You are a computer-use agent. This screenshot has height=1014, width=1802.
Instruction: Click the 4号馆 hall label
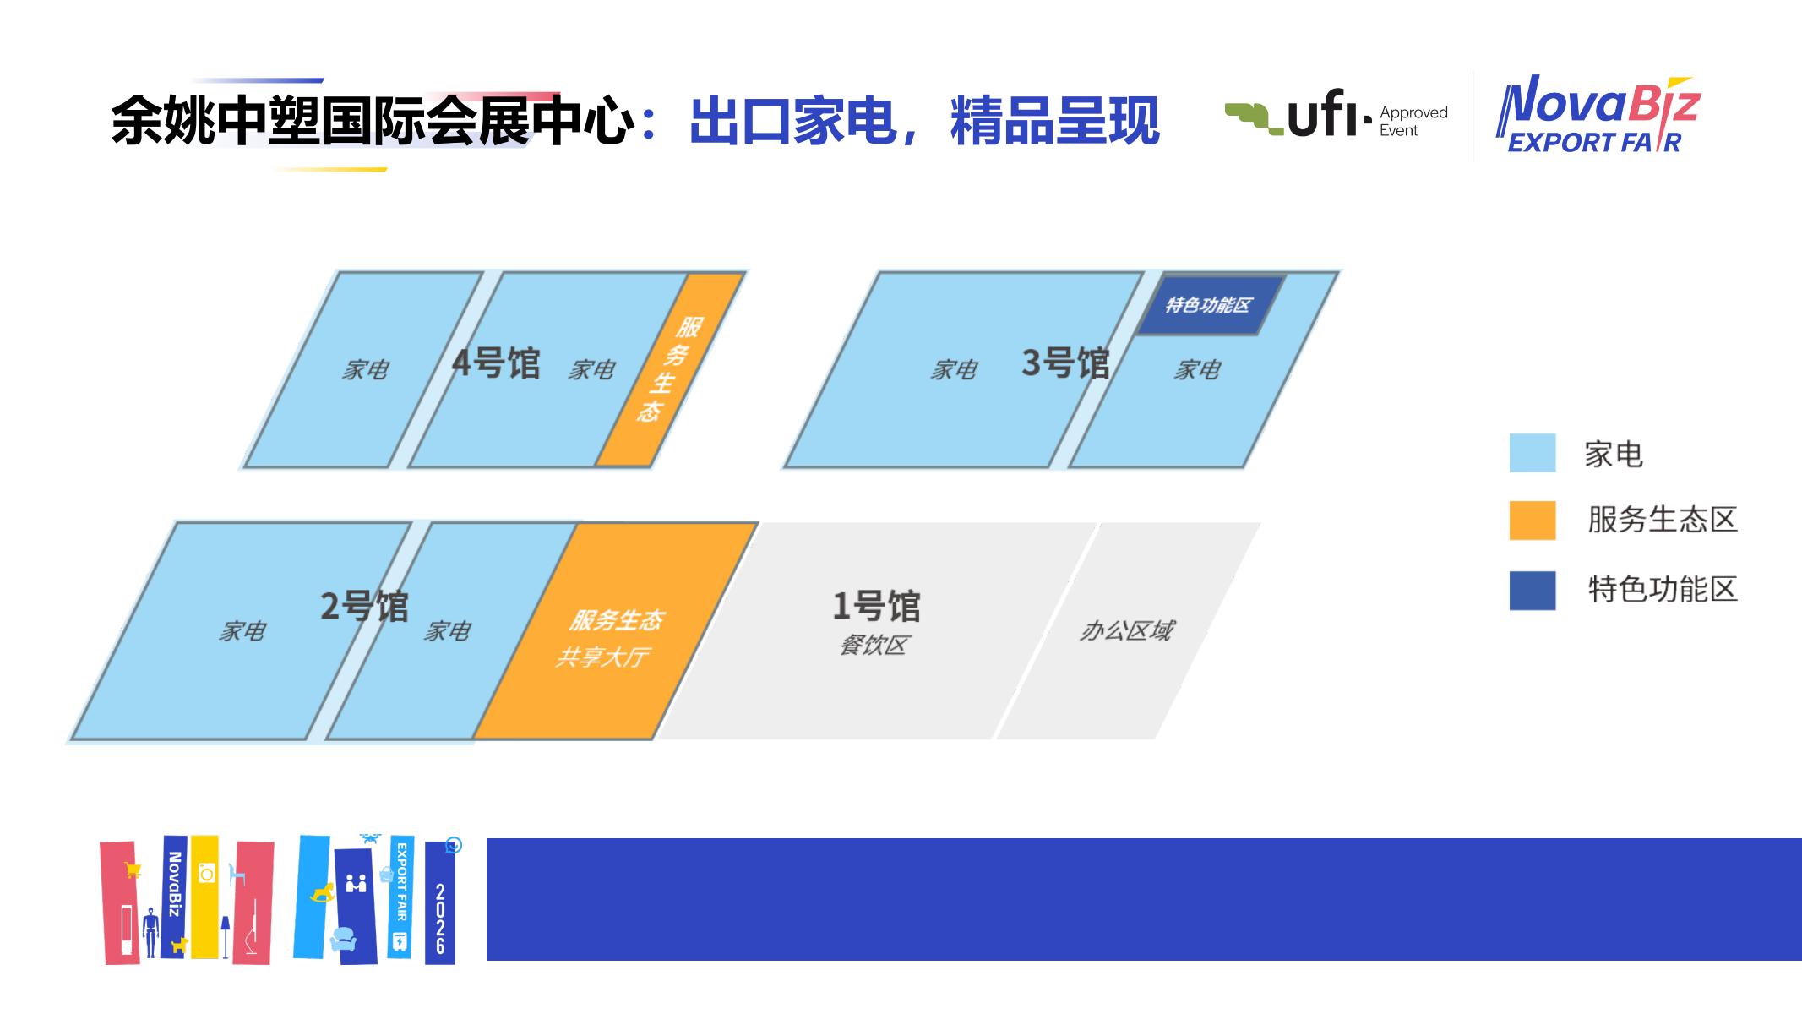click(496, 363)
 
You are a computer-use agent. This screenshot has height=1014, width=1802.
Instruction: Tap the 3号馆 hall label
click(1065, 363)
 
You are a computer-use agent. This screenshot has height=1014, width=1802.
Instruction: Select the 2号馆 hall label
click(364, 606)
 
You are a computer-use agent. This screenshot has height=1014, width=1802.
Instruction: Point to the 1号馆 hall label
click(876, 606)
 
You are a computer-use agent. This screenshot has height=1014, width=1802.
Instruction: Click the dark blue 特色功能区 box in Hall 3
click(1209, 304)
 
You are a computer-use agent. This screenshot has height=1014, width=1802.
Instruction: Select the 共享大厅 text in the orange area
click(602, 657)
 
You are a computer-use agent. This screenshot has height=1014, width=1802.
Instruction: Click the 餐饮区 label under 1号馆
click(874, 646)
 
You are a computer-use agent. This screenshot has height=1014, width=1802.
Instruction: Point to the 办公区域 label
click(1126, 630)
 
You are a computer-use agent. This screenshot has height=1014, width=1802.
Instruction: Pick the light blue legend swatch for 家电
click(1533, 453)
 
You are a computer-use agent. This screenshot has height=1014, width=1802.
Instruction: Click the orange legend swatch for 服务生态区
click(1533, 521)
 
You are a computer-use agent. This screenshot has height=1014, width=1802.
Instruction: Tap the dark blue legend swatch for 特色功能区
click(1533, 591)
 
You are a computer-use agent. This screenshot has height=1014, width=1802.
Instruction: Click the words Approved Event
click(1413, 121)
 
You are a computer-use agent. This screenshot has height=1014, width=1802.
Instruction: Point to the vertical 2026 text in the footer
click(440, 919)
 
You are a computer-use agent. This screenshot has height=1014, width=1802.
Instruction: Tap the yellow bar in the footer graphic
click(204, 897)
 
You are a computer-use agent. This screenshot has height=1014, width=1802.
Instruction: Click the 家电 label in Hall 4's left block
click(365, 369)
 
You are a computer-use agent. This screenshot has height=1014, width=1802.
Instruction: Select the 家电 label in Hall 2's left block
click(242, 631)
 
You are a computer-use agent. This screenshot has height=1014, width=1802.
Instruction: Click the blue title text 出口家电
click(793, 121)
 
